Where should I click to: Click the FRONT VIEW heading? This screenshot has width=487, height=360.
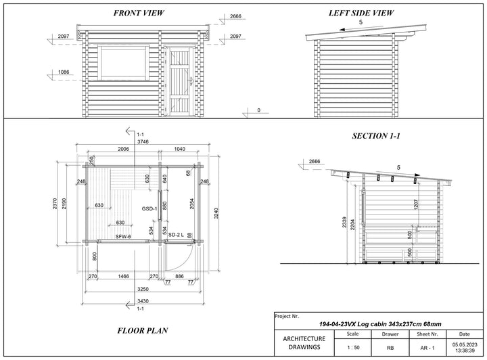[139, 13]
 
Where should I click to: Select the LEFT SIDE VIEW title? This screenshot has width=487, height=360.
[361, 13]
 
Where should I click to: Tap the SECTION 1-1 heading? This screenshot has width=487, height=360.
[376, 136]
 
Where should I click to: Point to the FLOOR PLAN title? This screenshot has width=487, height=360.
[143, 330]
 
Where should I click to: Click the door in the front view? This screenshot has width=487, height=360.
[180, 81]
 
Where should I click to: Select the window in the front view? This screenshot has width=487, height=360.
[123, 63]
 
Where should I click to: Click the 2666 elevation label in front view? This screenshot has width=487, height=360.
[235, 16]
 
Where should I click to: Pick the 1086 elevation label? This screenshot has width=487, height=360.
[64, 72]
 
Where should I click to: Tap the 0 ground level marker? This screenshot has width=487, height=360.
[258, 110]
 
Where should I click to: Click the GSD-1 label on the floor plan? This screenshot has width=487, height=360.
[149, 208]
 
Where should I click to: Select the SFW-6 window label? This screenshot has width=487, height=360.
[123, 237]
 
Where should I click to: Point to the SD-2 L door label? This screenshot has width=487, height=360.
[176, 235]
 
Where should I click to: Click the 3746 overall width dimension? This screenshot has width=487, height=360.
[143, 141]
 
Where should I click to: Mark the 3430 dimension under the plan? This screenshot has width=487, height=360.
[143, 301]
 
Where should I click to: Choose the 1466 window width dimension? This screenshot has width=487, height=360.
[123, 276]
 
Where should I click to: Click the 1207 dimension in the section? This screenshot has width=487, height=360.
[417, 204]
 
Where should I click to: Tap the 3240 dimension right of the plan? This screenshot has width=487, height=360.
[216, 213]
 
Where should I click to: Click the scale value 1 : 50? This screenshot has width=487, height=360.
[353, 348]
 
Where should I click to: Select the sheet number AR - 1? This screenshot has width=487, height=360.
[427, 348]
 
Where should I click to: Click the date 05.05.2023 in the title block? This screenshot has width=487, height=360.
[465, 345]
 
